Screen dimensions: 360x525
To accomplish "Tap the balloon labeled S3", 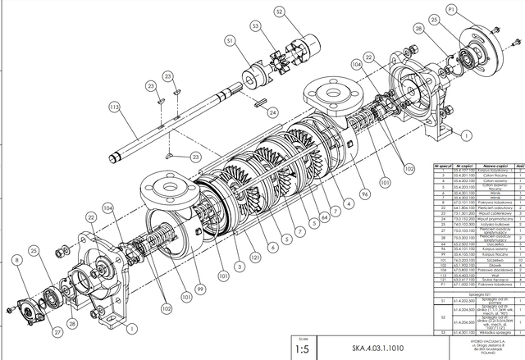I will tap(257, 28).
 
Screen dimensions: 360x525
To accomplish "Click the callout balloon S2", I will tap(279, 11).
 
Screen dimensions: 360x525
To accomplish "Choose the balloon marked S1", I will tap(230, 40).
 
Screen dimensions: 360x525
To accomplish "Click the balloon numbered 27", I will tap(57, 331).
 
